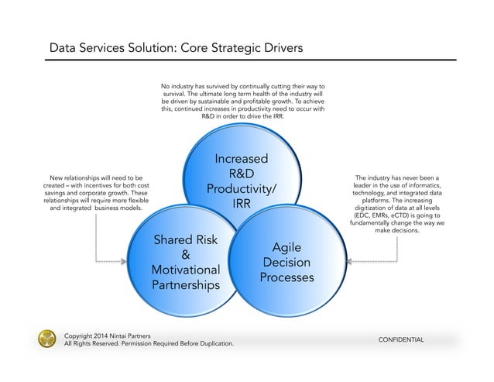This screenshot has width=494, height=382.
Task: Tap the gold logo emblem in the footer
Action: tap(48, 339)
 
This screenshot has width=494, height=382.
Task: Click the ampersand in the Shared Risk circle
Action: tap(186, 255)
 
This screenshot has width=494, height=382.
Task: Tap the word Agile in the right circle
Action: tap(287, 248)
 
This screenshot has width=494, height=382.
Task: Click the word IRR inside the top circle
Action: tap(240, 204)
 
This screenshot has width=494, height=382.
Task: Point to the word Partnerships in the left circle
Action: tap(186, 284)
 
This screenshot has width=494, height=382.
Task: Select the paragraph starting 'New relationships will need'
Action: tap(96, 194)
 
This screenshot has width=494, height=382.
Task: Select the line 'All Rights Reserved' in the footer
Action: tap(147, 343)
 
